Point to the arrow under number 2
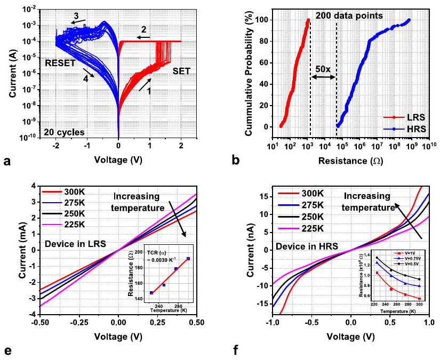click(139, 37)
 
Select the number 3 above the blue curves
click(76, 17)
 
